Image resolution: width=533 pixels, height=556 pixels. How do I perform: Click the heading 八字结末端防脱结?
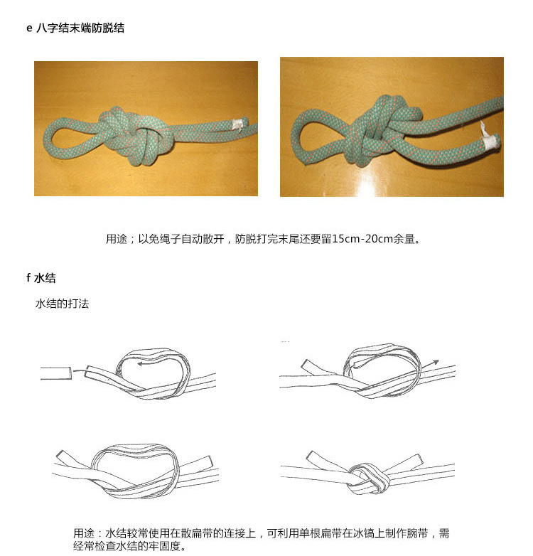80,28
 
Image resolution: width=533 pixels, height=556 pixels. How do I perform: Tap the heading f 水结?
41,278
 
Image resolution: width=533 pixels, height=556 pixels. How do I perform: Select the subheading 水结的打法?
62,304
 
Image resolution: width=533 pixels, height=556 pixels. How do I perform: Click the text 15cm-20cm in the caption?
362,239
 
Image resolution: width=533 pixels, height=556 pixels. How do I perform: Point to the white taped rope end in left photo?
237,124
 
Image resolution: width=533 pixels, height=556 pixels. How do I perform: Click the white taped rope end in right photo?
492,141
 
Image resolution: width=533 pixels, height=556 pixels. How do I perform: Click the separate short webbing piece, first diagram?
56,373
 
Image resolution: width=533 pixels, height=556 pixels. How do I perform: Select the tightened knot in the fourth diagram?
369,478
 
